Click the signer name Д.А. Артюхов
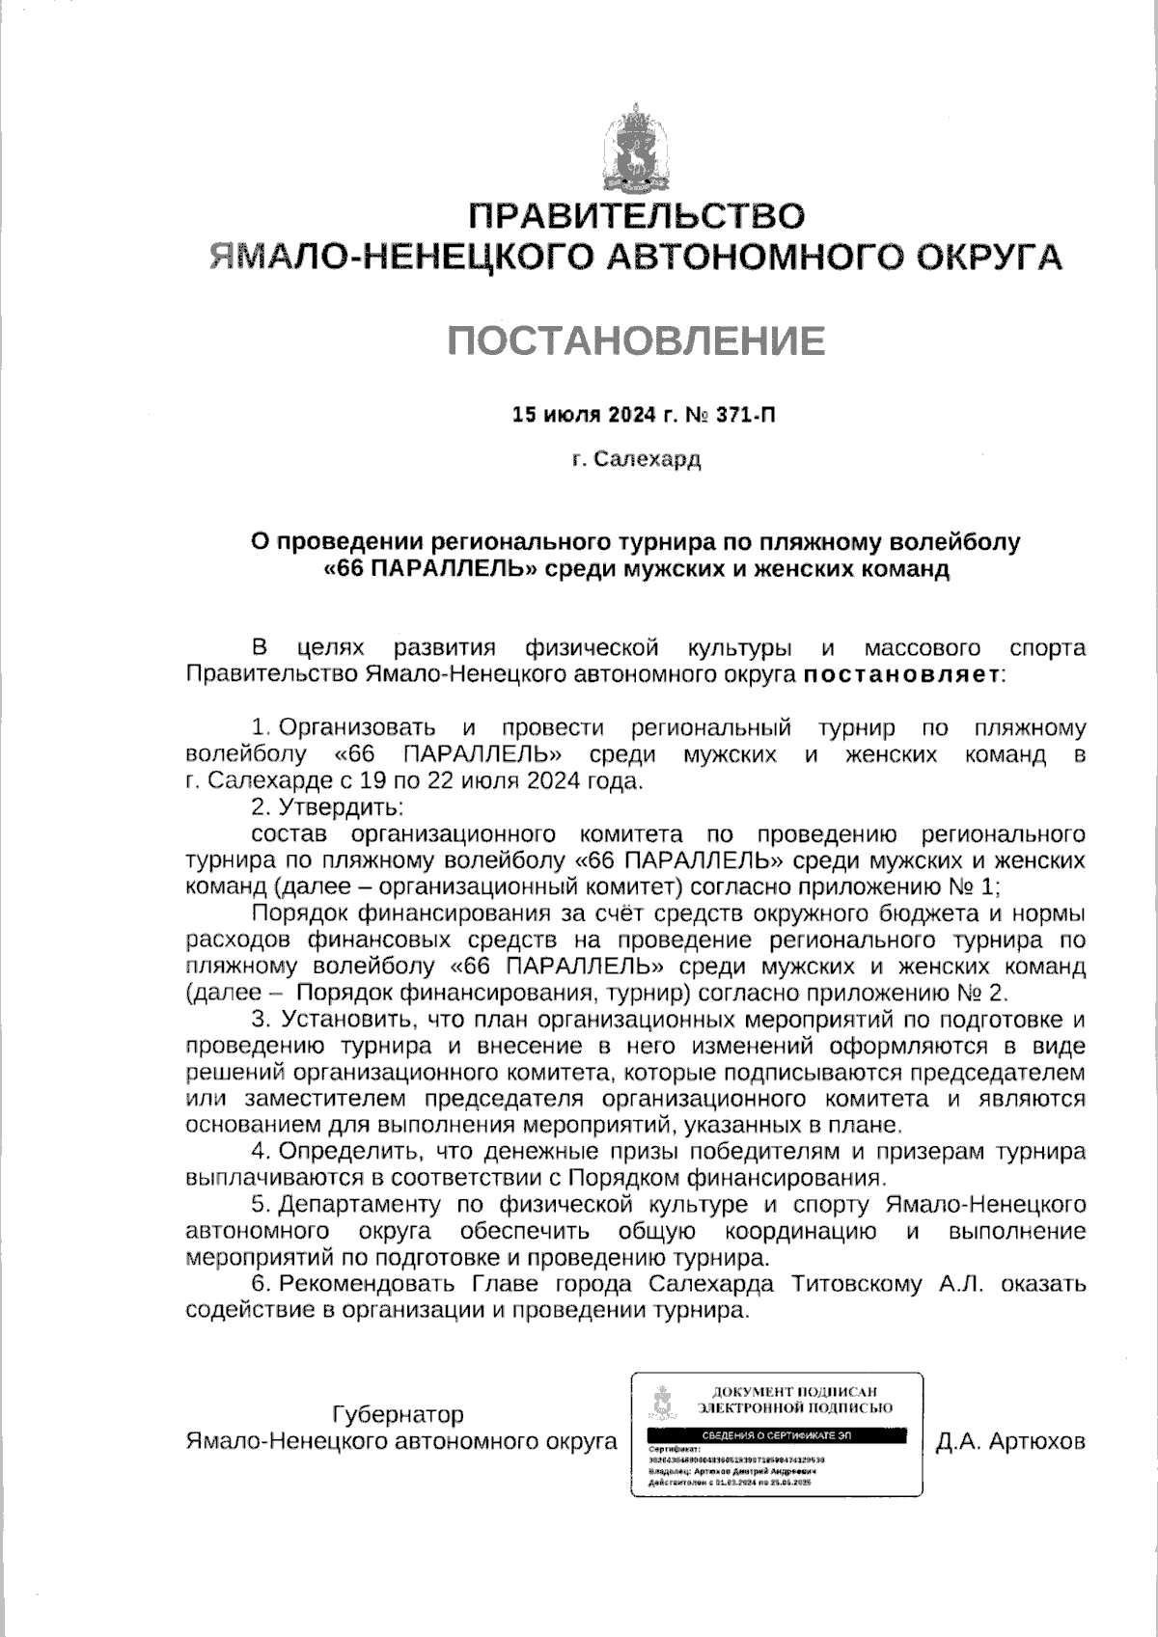click(1010, 1442)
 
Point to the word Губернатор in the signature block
click(398, 1415)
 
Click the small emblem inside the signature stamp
click(661, 1404)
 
